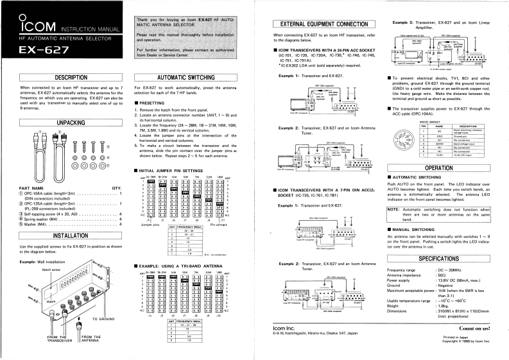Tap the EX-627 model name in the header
(x=44, y=50)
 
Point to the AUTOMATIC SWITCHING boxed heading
(x=185, y=77)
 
